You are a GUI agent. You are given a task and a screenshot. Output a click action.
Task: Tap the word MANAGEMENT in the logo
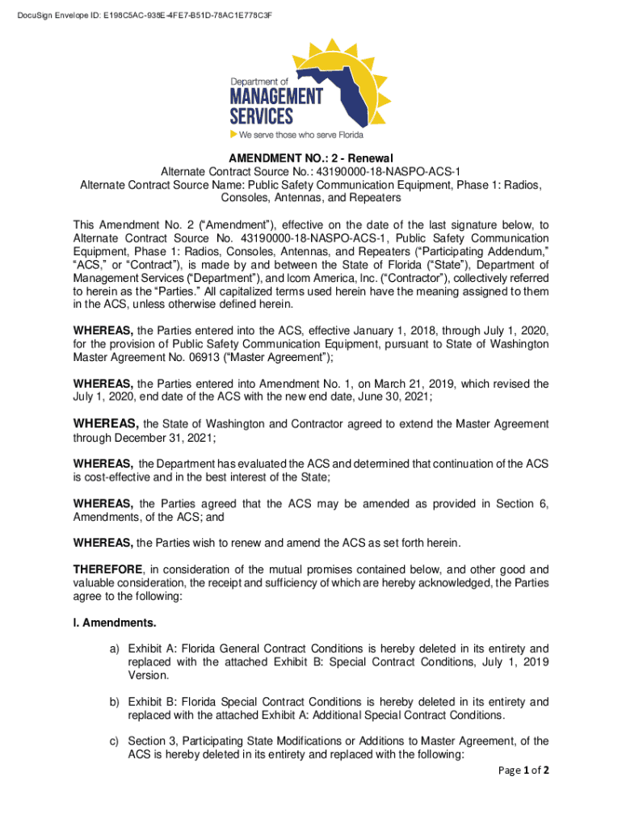[x=275, y=96]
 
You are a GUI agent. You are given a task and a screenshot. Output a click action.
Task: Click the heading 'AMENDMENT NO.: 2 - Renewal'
[x=311, y=157]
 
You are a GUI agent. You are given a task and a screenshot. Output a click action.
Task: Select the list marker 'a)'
[x=116, y=649]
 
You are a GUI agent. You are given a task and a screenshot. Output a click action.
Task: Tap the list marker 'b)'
[x=116, y=702]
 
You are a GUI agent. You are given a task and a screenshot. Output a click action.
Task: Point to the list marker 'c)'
[x=116, y=741]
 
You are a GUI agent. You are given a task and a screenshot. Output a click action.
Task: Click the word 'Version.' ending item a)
[x=148, y=676]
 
